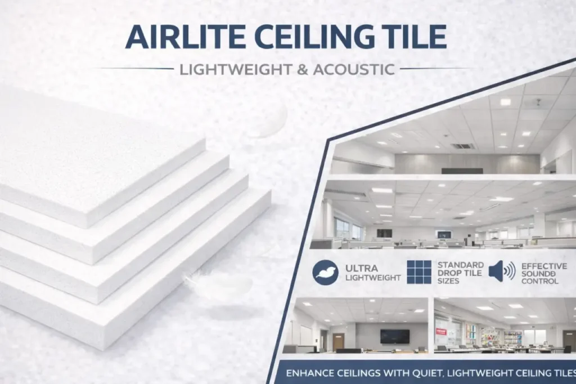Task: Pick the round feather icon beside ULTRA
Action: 325,273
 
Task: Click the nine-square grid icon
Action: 419,273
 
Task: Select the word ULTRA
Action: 362,268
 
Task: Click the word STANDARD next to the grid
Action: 460,265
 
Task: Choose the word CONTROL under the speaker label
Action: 539,281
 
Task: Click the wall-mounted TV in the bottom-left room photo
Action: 395,336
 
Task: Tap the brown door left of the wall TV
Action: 338,341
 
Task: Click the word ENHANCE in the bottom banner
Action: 311,373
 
